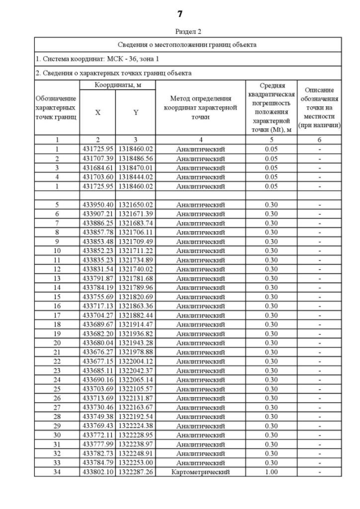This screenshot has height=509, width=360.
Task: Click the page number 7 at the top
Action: click(x=180, y=14)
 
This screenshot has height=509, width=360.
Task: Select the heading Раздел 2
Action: click(x=188, y=32)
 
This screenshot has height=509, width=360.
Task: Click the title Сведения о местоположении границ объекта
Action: click(x=188, y=44)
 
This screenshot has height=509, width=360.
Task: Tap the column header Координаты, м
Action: click(x=117, y=84)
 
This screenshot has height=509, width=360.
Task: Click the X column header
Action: click(x=98, y=112)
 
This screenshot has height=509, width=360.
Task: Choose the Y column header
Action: click(x=136, y=112)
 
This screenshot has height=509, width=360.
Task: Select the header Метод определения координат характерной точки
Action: click(x=200, y=107)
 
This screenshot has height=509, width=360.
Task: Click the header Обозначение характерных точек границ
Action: click(x=56, y=107)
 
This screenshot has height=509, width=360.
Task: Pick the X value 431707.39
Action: click(x=98, y=159)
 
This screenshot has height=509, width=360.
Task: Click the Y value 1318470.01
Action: click(x=136, y=168)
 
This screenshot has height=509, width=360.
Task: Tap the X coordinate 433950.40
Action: click(x=98, y=205)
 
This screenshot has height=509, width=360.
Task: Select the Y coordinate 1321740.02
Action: click(x=136, y=269)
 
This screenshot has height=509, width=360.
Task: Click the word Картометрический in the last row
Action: click(x=200, y=472)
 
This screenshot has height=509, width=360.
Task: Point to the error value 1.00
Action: click(x=271, y=472)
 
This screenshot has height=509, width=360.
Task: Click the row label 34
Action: click(x=57, y=472)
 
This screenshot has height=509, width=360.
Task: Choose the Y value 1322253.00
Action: click(x=136, y=463)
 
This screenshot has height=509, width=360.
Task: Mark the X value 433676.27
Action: click(x=98, y=352)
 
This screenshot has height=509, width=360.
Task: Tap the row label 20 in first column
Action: click(x=57, y=343)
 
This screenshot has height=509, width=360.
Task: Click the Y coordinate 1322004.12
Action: click(x=136, y=362)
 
